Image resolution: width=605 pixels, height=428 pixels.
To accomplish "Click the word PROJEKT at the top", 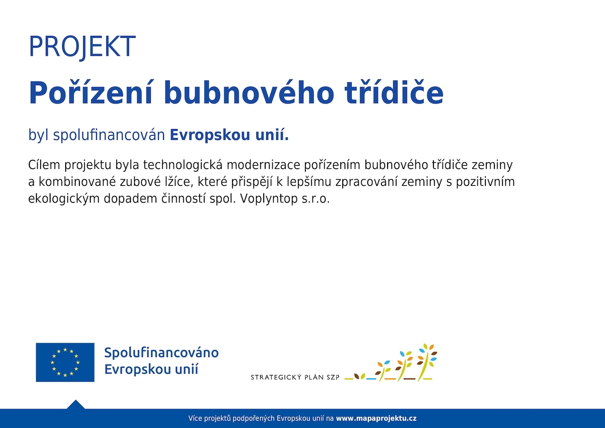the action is click(x=82, y=46).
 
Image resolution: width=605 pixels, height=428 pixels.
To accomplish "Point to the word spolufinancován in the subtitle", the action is click(x=109, y=135).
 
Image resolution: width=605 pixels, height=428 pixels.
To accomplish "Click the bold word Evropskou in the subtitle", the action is click(x=210, y=135).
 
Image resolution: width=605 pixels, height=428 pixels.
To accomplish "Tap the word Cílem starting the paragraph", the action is click(x=44, y=165).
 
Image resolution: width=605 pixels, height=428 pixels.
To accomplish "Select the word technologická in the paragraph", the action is click(x=182, y=165).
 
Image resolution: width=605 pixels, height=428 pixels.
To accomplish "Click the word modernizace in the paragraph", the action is click(x=263, y=165).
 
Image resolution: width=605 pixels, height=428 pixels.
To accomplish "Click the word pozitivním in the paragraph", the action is click(x=485, y=182).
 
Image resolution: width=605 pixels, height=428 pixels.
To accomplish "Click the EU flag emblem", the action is click(x=65, y=362).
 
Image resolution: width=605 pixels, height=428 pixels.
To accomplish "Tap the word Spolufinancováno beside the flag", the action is click(x=162, y=353).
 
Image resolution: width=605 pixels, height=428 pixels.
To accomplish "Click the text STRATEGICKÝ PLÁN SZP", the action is click(x=295, y=377).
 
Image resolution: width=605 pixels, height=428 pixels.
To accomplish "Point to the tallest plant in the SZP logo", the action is click(x=426, y=362).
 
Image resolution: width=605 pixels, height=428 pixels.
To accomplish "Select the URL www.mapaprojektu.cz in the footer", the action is click(x=376, y=419).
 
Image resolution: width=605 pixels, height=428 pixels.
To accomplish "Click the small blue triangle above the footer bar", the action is click(x=76, y=404).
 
